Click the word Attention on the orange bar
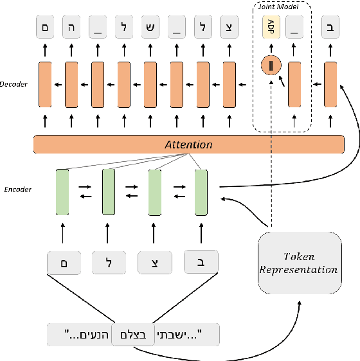click(x=189, y=145)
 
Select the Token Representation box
click(x=298, y=263)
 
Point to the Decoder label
click(x=14, y=84)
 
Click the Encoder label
click(x=18, y=189)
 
